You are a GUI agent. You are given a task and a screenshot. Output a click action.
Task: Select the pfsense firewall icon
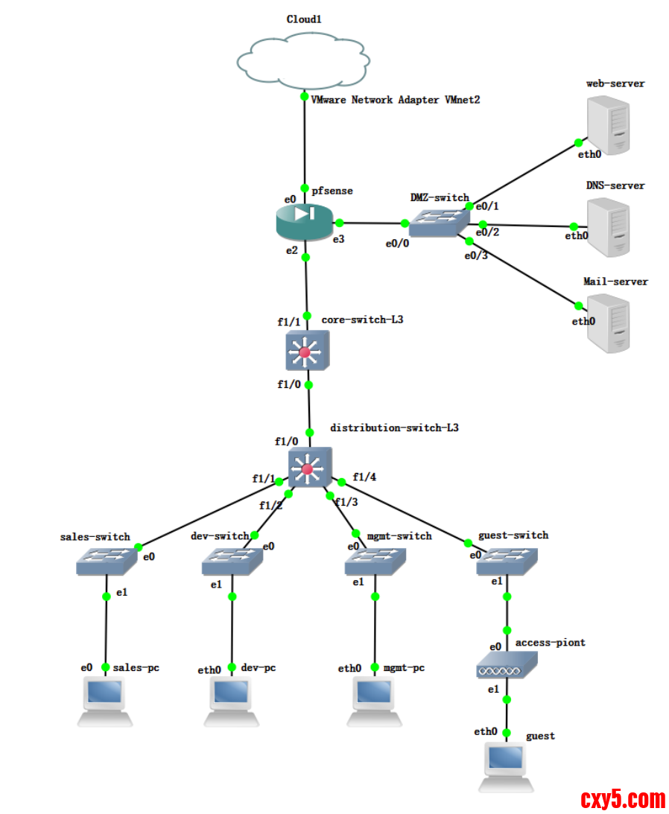(x=304, y=218)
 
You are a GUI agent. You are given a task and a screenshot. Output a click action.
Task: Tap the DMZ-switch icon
(x=440, y=222)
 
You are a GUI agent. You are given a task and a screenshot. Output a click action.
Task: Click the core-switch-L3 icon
(x=307, y=350)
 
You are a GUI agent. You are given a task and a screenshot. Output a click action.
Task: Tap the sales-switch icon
(x=106, y=561)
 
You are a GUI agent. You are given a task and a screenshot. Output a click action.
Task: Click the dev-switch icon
(x=232, y=562)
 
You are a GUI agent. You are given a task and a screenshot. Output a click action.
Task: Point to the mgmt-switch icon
(x=375, y=562)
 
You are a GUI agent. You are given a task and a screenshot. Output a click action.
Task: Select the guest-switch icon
(x=507, y=562)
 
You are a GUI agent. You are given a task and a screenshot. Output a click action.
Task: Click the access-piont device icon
(x=507, y=665)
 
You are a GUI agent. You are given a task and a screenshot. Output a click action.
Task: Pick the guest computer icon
(x=506, y=766)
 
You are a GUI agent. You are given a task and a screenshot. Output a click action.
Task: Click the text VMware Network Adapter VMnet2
(x=395, y=100)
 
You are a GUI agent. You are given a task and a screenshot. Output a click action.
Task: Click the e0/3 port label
(x=476, y=255)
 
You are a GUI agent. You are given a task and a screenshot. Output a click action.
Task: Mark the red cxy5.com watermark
(x=623, y=799)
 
